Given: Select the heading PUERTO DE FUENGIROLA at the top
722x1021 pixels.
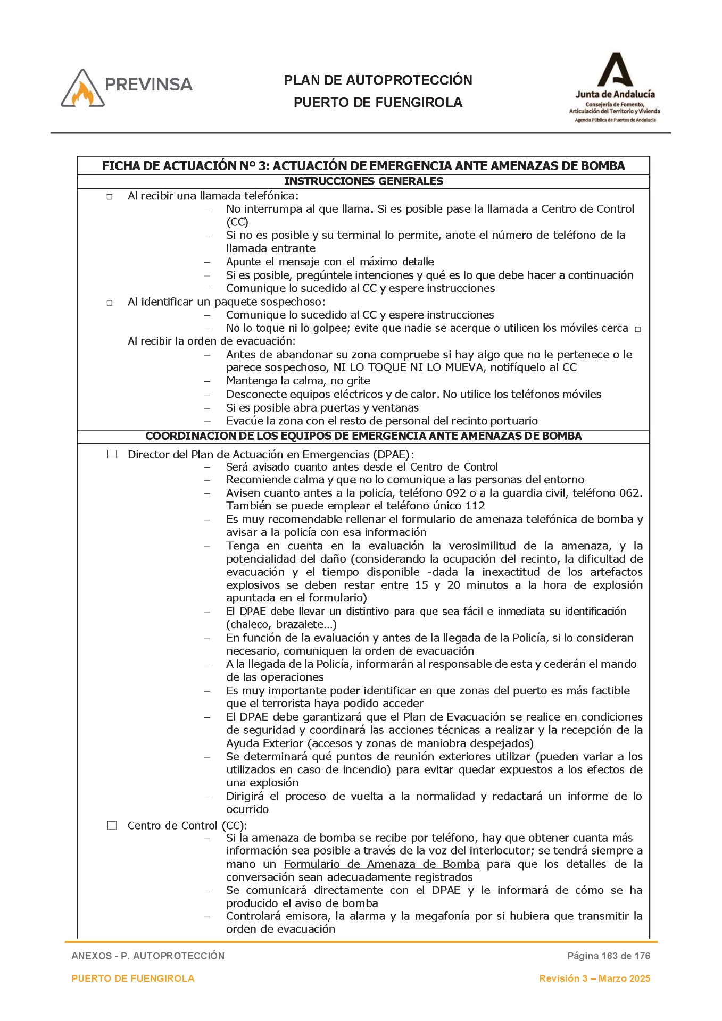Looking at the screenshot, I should click(x=378, y=103).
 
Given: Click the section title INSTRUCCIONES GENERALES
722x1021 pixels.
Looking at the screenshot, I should click(x=363, y=181).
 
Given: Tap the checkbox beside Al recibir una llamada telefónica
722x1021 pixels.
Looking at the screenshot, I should click(x=110, y=197).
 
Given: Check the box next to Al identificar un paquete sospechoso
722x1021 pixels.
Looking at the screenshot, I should click(x=110, y=303).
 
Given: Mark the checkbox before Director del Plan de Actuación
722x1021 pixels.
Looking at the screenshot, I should click(x=112, y=454).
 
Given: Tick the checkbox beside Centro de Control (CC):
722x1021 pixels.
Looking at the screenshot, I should click(x=112, y=825).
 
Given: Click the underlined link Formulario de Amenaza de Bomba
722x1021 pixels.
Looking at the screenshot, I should click(x=381, y=864).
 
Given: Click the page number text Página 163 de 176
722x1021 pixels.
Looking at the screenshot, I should click(x=608, y=956).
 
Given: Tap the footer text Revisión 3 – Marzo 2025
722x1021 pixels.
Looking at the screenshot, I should click(x=594, y=978).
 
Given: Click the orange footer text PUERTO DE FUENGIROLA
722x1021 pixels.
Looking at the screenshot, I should click(x=133, y=978).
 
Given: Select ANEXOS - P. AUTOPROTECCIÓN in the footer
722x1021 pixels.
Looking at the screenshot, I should click(x=148, y=956).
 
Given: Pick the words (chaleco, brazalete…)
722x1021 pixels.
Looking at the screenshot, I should click(x=281, y=624).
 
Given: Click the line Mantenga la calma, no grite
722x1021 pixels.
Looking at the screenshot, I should click(x=298, y=381).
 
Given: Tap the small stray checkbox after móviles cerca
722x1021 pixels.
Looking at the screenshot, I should click(x=637, y=329).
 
